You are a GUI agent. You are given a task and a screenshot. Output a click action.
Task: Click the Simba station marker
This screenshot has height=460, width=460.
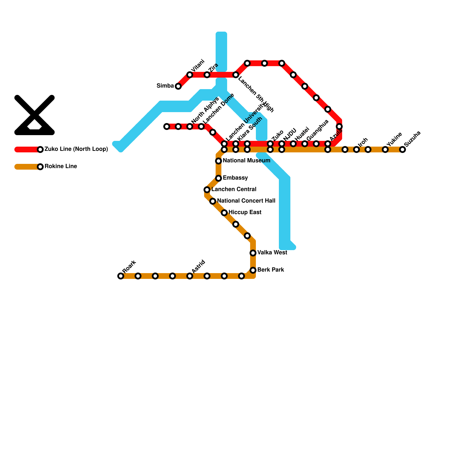(178, 86)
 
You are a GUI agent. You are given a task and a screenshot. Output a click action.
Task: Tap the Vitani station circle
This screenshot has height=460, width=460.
(190, 75)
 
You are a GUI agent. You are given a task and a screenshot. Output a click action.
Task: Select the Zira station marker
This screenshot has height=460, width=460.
(207, 75)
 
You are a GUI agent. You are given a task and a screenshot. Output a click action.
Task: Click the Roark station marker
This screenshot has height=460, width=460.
(121, 276)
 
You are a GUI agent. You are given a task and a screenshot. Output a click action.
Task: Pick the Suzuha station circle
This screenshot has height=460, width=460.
(402, 149)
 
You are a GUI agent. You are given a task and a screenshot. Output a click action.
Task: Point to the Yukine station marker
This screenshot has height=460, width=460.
(385, 149)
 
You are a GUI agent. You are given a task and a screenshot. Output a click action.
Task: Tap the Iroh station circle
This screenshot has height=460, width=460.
(356, 149)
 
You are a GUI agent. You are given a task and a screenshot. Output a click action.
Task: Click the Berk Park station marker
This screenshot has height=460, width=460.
(253, 270)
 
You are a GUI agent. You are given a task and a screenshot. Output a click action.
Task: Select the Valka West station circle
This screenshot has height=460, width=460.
(253, 253)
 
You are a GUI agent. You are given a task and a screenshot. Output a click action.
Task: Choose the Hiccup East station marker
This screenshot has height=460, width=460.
(224, 213)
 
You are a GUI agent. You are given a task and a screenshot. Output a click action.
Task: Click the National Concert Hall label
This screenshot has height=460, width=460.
(246, 201)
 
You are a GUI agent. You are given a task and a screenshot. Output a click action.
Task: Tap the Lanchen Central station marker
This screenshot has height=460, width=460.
(207, 190)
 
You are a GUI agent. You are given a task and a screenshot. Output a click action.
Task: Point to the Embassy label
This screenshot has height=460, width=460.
(235, 178)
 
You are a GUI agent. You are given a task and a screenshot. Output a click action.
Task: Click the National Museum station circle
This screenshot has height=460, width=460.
(218, 161)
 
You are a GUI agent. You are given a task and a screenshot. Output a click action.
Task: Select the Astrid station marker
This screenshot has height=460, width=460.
(190, 276)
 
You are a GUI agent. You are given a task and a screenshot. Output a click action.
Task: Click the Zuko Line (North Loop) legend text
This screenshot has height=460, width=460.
(76, 149)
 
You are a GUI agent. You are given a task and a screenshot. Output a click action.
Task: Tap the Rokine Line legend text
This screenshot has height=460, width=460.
(61, 166)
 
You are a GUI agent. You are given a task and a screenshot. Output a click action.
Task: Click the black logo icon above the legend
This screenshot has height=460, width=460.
(34, 115)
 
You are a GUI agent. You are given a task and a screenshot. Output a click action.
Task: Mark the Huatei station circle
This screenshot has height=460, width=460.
(293, 144)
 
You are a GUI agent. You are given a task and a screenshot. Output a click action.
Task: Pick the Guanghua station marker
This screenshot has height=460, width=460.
(305, 144)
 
